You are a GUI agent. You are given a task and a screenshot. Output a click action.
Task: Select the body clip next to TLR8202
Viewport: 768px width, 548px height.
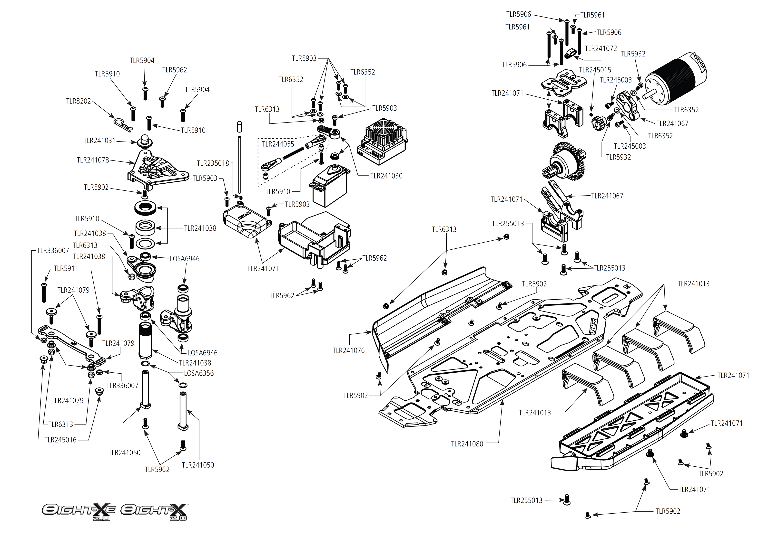[122, 124]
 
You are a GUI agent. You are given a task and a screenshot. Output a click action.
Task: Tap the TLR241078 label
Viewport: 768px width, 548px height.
[93, 160]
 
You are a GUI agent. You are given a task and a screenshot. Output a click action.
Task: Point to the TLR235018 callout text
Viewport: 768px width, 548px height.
[213, 164]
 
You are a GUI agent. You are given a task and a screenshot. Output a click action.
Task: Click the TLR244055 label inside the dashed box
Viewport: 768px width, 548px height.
[278, 144]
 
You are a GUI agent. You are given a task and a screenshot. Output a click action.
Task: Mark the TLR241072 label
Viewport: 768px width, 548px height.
[601, 48]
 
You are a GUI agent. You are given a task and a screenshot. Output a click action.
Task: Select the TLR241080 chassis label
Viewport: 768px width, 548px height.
[467, 444]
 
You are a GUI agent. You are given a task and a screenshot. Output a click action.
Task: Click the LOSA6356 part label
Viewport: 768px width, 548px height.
[199, 374]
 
